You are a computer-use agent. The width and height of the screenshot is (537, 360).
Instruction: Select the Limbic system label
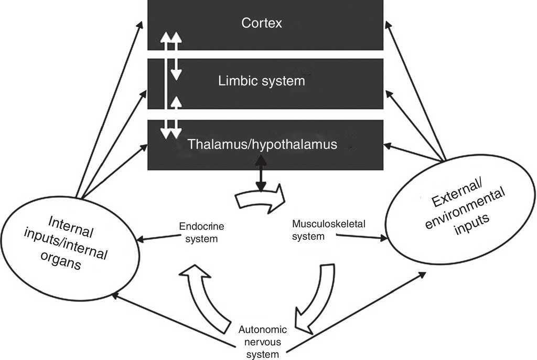[261, 81]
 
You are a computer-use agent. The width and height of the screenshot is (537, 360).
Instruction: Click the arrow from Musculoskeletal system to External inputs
[362, 237]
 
